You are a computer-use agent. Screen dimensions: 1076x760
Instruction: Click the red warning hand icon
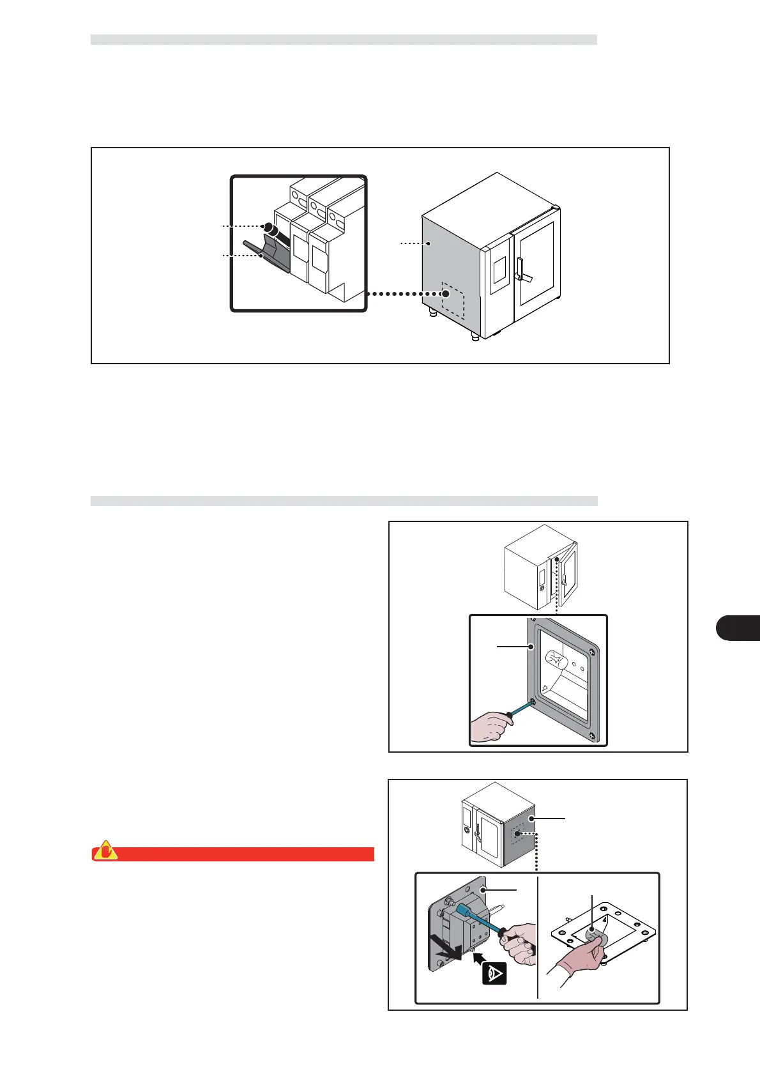click(106, 852)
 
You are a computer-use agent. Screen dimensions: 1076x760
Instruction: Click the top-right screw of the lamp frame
click(593, 652)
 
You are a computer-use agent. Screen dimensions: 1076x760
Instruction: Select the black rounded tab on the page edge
click(738, 627)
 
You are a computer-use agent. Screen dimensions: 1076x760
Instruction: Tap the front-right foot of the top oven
click(475, 335)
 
